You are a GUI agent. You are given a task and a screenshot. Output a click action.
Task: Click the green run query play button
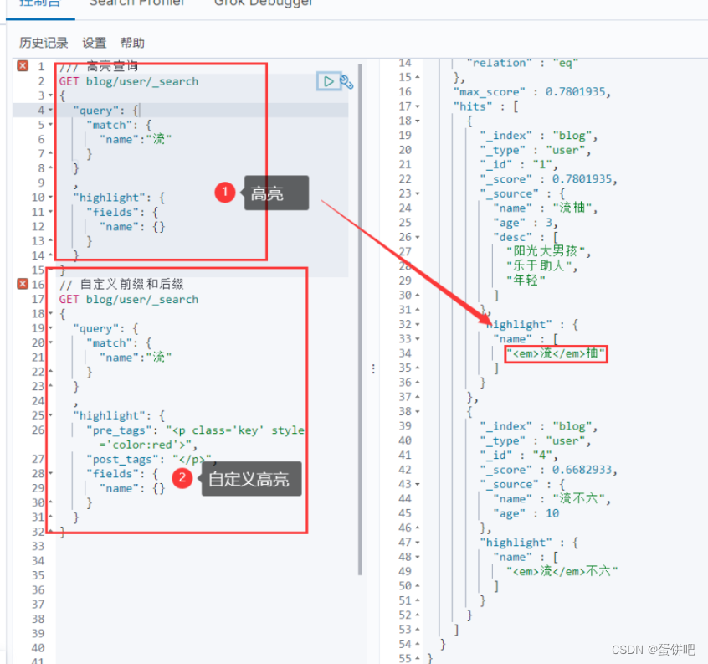point(328,81)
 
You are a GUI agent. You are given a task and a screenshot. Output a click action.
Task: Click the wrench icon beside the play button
point(346,82)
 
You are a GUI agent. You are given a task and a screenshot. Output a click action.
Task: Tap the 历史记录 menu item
point(44,43)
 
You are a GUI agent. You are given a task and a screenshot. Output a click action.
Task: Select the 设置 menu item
point(95,43)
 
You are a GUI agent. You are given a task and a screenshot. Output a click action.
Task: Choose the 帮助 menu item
point(132,43)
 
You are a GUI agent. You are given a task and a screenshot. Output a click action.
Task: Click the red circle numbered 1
point(224,193)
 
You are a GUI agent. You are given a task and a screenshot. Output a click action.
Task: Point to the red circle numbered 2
point(183,479)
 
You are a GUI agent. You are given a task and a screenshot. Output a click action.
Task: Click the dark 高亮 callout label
point(275,193)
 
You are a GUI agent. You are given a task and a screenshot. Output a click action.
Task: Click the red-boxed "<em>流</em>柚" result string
point(556,354)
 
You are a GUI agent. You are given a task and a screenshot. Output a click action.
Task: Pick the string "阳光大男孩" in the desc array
point(548,251)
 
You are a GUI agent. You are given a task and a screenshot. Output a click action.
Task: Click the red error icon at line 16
point(23,285)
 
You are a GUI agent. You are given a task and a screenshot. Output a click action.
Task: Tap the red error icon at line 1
point(23,66)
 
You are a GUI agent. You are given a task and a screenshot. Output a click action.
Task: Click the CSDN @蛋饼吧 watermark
point(653,649)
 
